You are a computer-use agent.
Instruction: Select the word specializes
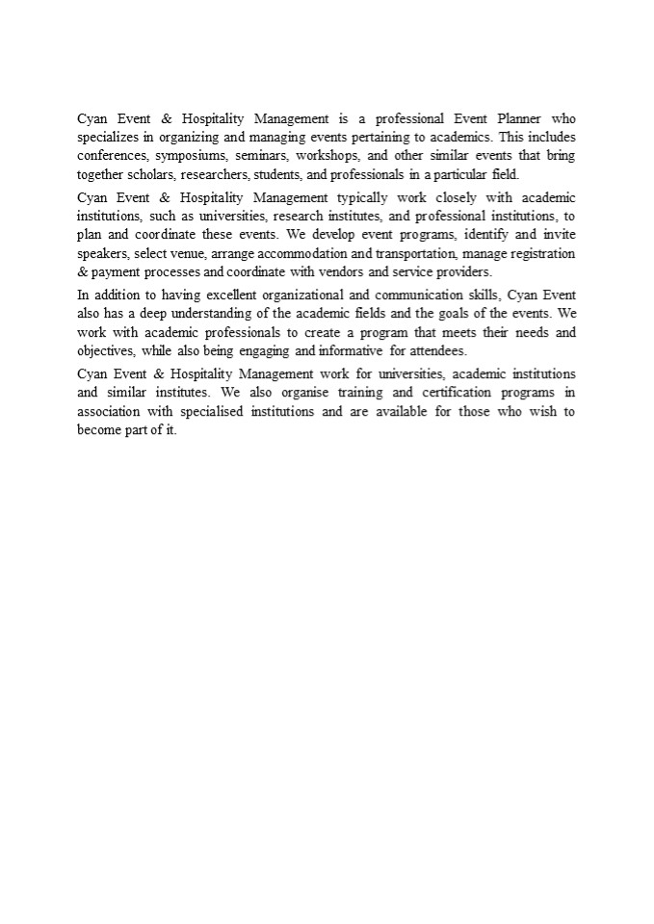[x=108, y=138]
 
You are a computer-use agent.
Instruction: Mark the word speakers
[x=101, y=254]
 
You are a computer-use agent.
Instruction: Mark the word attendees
[x=438, y=351]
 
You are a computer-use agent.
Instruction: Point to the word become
[x=100, y=430]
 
